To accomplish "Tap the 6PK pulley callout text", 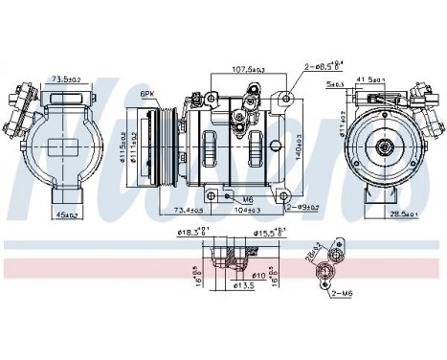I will tap(147, 94).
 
